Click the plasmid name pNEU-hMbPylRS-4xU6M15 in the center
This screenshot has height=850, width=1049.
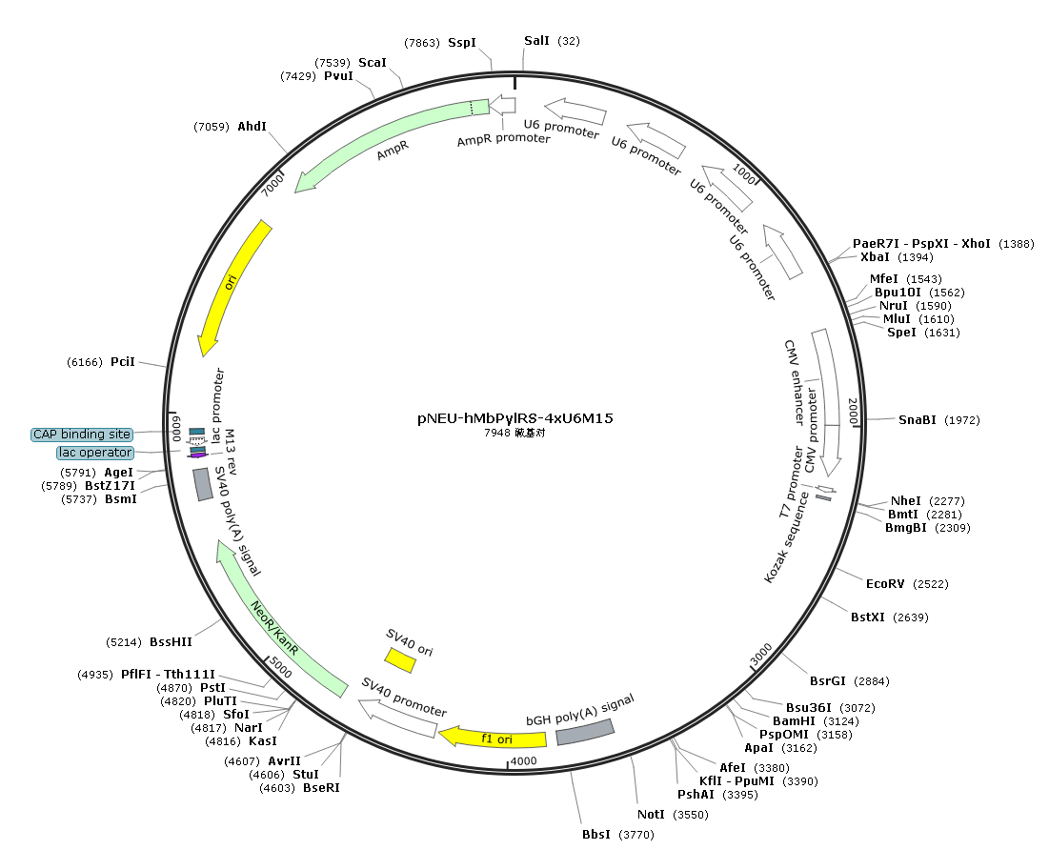[x=515, y=418]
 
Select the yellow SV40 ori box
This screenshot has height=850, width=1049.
[x=400, y=659]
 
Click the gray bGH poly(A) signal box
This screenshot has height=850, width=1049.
[x=585, y=732]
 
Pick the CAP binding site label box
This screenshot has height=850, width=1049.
[x=82, y=435]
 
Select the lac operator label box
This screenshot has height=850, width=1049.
[x=95, y=453]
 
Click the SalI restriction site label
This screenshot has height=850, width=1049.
[x=536, y=41]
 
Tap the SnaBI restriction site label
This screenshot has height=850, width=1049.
[x=918, y=419]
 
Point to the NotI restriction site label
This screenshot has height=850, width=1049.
[x=651, y=814]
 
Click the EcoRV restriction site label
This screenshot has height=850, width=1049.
[x=885, y=583]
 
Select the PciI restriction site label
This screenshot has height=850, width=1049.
[x=122, y=362]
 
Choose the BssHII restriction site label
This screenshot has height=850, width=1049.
[x=171, y=642]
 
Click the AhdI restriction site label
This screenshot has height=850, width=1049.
[x=252, y=127]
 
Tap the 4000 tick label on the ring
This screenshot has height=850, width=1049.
[x=523, y=761]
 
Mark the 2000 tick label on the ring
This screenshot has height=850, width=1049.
[x=853, y=411]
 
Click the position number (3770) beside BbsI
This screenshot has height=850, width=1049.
[x=636, y=835]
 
